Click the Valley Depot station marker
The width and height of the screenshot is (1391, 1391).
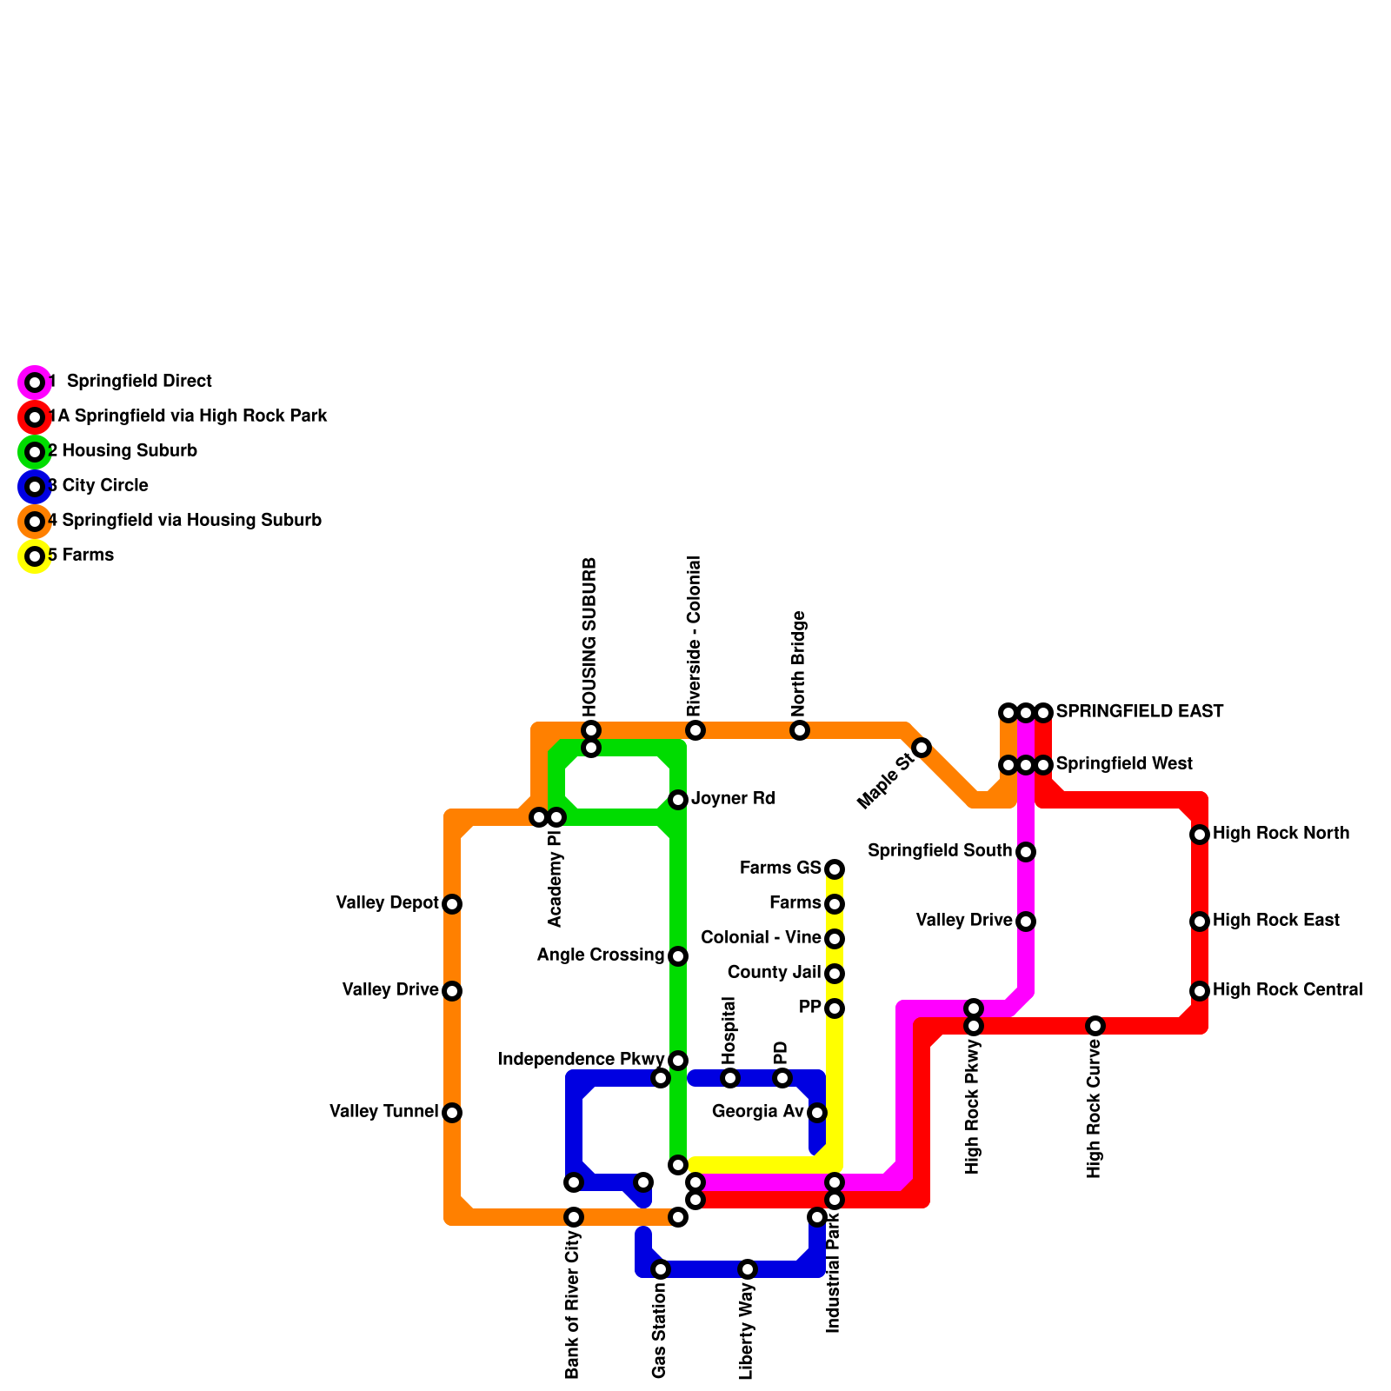click(x=452, y=904)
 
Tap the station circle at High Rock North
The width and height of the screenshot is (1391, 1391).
click(x=1200, y=835)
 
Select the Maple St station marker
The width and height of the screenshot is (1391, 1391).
click(x=922, y=748)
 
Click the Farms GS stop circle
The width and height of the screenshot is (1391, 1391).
click(x=835, y=869)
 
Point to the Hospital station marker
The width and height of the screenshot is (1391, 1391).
click(x=730, y=1078)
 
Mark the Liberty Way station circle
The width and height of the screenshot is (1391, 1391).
click(x=748, y=1269)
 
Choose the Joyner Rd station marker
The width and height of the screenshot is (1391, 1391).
click(x=678, y=800)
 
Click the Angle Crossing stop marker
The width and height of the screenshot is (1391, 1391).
click(x=678, y=956)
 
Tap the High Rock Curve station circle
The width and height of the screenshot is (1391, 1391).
click(x=1095, y=1026)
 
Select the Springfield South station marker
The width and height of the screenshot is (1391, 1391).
click(x=1026, y=852)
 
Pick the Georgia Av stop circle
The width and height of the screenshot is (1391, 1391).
click(x=817, y=1113)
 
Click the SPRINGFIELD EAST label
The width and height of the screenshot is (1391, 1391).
click(x=1139, y=712)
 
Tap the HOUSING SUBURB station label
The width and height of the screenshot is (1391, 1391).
click(x=590, y=636)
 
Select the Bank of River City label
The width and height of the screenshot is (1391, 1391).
click(x=572, y=1304)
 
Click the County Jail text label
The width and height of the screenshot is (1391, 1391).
click(x=774, y=972)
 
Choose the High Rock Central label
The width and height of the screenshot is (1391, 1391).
click(x=1287, y=990)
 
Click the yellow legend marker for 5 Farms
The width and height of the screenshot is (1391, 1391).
click(x=35, y=556)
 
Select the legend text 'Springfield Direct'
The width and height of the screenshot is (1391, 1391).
click(x=139, y=382)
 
